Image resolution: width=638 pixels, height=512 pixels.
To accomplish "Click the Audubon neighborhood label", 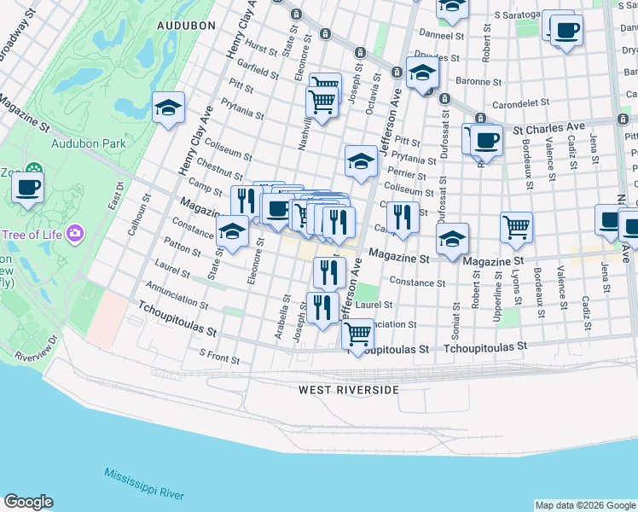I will click(186, 26).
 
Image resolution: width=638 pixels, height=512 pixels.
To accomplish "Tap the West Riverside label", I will click(348, 390).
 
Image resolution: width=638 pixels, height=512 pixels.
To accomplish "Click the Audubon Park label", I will click(89, 143).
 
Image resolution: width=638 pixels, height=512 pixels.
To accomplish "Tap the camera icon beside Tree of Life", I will click(75, 232).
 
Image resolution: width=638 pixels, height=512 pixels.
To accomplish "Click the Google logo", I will click(28, 503).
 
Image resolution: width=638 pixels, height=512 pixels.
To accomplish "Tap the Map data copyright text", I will click(584, 505).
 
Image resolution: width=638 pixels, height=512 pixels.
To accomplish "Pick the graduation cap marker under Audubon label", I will click(169, 108).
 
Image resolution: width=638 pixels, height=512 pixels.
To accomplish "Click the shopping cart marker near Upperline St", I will click(516, 226).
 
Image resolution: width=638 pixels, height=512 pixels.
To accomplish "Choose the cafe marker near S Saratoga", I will click(565, 32).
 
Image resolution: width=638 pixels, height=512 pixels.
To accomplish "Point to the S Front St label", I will click(219, 355).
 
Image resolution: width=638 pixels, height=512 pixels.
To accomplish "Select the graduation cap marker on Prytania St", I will click(362, 160).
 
